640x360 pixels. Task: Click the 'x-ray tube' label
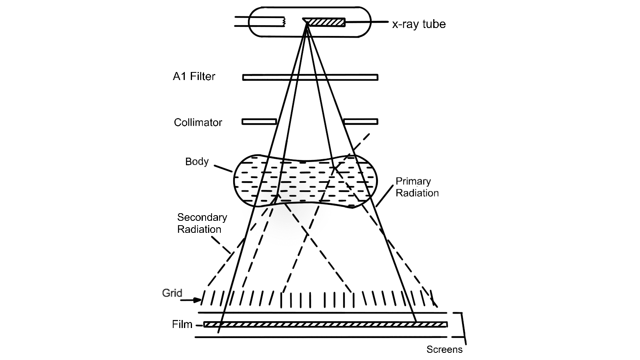click(418, 24)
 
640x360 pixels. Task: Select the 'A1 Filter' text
click(194, 76)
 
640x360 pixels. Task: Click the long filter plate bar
click(310, 77)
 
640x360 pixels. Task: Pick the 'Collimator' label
click(198, 122)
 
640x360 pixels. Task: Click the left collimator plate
click(259, 122)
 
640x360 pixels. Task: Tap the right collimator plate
click(360, 122)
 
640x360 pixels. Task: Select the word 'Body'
click(197, 162)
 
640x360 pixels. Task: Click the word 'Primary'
click(413, 181)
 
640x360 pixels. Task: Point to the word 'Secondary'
click(202, 217)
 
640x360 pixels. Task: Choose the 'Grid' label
click(172, 293)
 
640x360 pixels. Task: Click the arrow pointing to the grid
click(192, 300)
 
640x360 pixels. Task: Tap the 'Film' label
click(182, 324)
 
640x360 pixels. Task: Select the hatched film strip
click(325, 324)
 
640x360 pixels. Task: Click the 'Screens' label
click(444, 350)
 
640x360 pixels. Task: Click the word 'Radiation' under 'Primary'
click(417, 193)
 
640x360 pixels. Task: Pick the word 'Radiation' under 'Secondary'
click(199, 229)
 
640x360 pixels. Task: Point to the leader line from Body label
click(223, 168)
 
